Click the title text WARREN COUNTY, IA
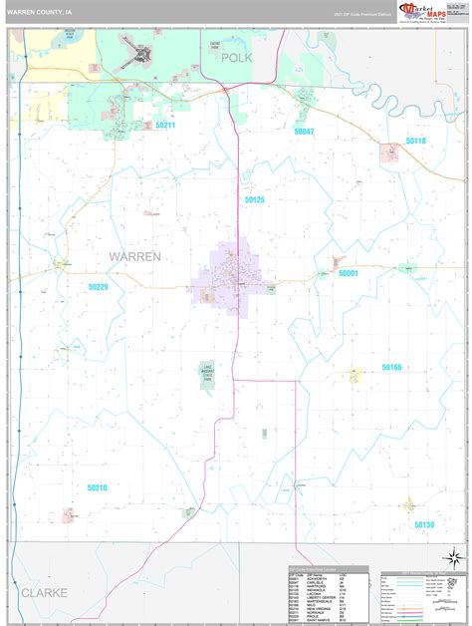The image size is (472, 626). [x=42, y=12]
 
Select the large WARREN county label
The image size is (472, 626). [x=132, y=256]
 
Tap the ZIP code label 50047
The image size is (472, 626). [x=304, y=132]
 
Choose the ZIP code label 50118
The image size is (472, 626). [x=415, y=142]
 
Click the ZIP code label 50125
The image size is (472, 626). [x=255, y=200]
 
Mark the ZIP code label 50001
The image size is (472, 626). [x=348, y=272]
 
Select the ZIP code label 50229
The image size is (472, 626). [x=97, y=287]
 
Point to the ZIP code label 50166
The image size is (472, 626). [x=391, y=368]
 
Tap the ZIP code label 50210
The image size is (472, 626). [x=97, y=487]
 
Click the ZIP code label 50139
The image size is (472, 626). [x=424, y=524]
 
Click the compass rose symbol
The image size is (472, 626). [x=451, y=557]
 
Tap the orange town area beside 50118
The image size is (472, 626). [x=389, y=152]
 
